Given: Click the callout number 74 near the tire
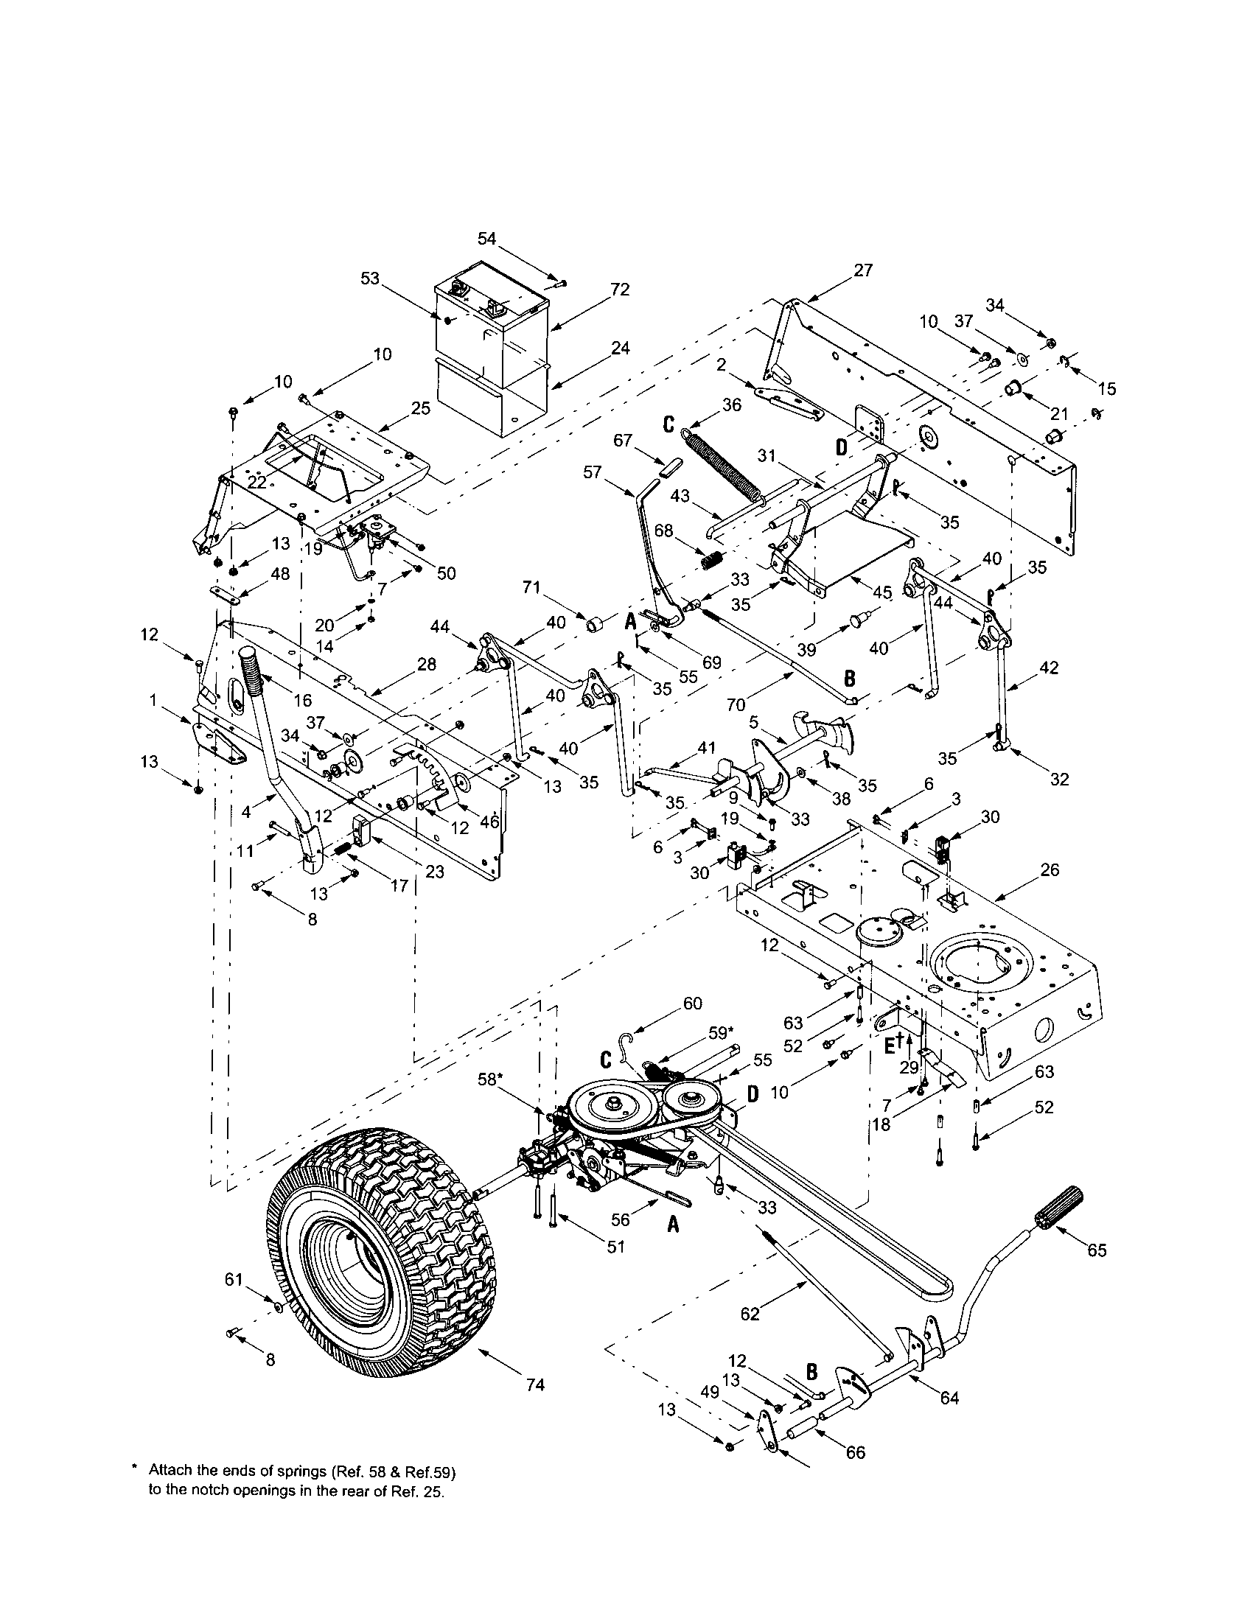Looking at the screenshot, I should point(535,1384).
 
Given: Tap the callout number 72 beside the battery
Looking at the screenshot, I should point(620,290).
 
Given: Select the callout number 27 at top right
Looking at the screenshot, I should point(863,270).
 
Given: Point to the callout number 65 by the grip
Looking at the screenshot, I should point(1097,1250).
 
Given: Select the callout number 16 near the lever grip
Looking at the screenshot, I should point(302,700).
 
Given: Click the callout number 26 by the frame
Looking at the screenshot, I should point(1050,869).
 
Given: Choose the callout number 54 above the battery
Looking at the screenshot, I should point(487,238).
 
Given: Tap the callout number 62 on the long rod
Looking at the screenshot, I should point(750,1314).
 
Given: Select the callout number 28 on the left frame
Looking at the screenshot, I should point(427,665).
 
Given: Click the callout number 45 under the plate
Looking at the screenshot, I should point(881,592).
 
